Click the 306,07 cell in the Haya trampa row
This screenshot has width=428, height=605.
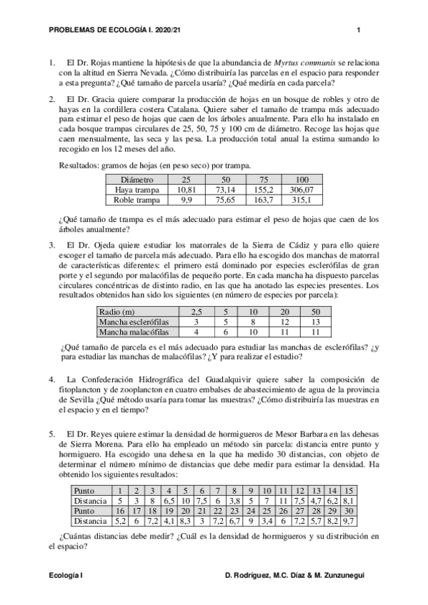click(302, 190)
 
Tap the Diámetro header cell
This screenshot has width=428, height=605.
click(137, 180)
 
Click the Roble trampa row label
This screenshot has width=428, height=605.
click(137, 200)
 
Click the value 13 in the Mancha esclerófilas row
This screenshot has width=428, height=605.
click(316, 322)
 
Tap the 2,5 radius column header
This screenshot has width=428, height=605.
click(195, 312)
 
